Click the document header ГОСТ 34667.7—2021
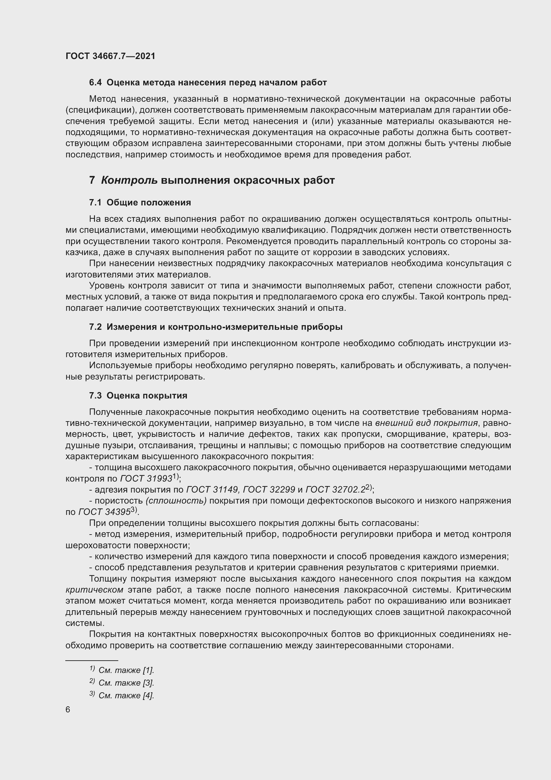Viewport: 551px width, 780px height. click(x=110, y=56)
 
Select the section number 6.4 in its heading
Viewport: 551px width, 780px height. click(x=95, y=83)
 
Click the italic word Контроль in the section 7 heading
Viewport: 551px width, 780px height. click(x=129, y=180)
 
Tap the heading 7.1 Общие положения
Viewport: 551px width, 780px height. click(x=140, y=203)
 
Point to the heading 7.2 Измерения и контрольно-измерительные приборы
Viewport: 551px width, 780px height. click(x=216, y=327)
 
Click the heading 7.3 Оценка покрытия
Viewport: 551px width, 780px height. click(x=138, y=396)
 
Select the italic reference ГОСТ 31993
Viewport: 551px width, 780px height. click(x=146, y=479)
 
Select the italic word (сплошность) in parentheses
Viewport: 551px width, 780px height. click(x=176, y=501)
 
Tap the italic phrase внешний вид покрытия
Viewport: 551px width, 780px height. click(x=426, y=423)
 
